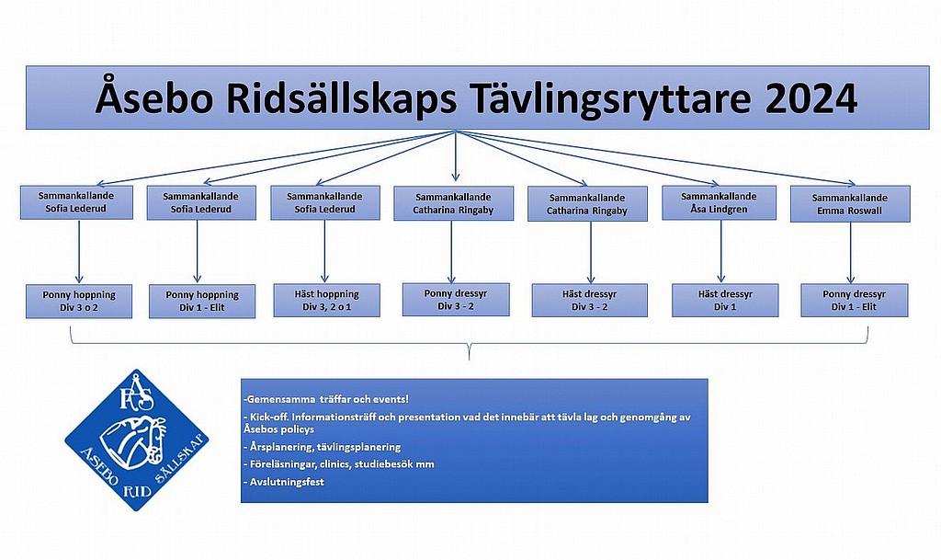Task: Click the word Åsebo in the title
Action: point(154,97)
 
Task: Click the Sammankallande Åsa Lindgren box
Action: point(719,203)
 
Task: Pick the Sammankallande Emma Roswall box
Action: point(850,204)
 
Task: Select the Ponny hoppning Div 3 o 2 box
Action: point(79,302)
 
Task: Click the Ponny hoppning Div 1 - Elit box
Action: point(202,302)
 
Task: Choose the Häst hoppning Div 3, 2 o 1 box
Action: point(326,300)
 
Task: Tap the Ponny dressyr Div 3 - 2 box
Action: point(456,300)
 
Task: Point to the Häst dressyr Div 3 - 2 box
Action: point(589,300)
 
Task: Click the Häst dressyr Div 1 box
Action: point(725,300)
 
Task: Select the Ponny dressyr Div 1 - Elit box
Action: point(854,300)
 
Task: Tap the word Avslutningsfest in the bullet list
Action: point(287,481)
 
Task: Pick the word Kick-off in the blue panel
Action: point(269,417)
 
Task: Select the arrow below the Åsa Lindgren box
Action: point(720,251)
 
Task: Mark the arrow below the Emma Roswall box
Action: point(850,253)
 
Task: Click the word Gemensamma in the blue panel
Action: point(278,399)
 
